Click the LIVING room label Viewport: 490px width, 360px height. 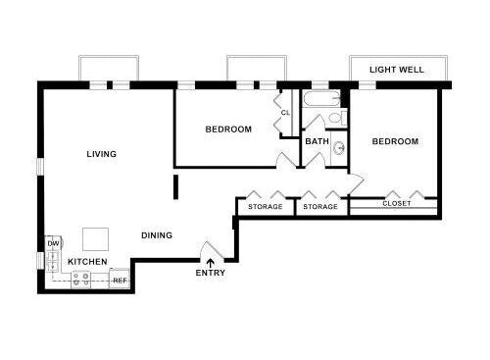101,154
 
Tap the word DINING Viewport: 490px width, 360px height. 157,235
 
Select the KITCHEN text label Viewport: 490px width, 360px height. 87,262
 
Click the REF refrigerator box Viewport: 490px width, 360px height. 120,281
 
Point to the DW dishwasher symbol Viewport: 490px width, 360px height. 53,242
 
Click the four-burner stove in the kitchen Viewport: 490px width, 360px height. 84,279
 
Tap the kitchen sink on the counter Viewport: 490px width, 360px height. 53,260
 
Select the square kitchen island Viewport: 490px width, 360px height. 96,238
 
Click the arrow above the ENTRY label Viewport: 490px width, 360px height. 210,262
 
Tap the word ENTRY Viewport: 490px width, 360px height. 210,273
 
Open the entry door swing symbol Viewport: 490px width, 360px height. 209,249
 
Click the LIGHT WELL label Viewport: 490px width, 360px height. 396,71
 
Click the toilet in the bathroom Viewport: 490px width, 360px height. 336,119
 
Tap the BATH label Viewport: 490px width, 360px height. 317,142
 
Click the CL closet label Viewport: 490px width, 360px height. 285,113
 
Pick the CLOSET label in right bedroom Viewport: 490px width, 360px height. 397,204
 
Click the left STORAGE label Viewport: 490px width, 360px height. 265,207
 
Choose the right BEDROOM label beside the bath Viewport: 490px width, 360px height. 395,142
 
